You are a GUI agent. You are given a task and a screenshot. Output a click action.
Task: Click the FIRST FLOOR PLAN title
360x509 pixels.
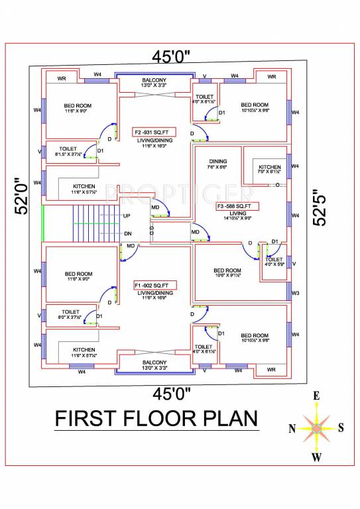[x=155, y=419]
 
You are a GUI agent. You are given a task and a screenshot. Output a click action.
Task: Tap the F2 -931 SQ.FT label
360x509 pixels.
[x=152, y=131]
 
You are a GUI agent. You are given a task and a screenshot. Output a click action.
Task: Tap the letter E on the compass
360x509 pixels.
[x=316, y=396]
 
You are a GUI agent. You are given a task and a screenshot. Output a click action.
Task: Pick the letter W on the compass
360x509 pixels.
[x=317, y=458]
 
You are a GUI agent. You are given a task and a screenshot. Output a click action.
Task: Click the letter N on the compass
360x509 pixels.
[x=292, y=428]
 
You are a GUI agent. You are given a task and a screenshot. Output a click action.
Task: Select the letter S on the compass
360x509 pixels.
[x=341, y=427]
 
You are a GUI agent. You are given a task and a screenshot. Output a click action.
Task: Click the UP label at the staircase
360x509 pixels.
[x=127, y=216]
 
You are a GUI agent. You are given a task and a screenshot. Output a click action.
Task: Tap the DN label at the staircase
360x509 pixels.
[x=127, y=233]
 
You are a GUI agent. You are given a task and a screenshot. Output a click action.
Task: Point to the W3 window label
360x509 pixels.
[x=296, y=292]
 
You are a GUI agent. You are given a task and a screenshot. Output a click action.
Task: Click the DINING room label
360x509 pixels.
[x=218, y=162]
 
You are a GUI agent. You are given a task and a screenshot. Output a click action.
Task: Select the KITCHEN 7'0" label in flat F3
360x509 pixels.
[x=269, y=167]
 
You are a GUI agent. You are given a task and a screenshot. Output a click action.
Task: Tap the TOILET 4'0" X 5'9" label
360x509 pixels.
[x=274, y=259]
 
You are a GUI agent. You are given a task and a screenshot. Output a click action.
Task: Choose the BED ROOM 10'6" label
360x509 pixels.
[x=227, y=270]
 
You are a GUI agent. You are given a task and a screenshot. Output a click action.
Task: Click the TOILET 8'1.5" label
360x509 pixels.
[x=68, y=148]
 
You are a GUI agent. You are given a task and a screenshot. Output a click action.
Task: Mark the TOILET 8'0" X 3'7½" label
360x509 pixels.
[x=71, y=311]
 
